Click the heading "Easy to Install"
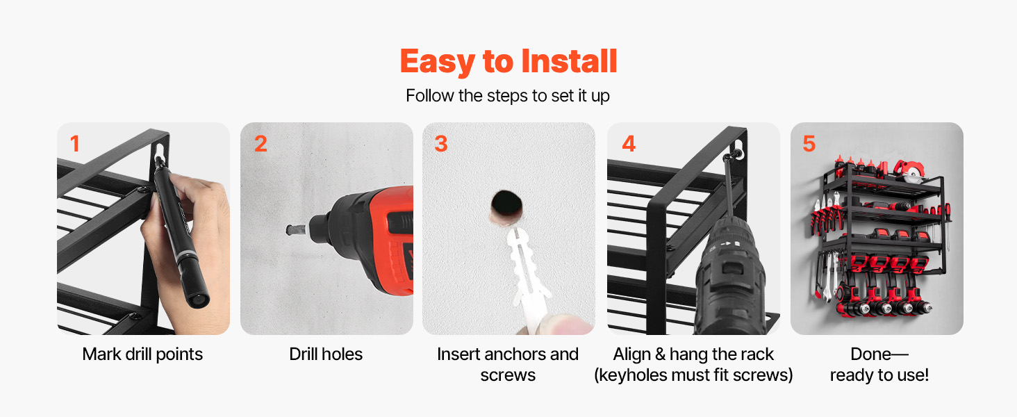coord(508,61)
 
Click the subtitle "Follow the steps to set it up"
coord(508,96)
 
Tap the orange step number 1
coord(75,144)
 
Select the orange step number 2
coord(261,144)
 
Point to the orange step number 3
coord(441,144)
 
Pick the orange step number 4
coord(629,144)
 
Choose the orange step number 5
coord(809,144)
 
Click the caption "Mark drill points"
coord(142,354)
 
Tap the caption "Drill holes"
coord(326,354)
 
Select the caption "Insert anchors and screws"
coord(508,364)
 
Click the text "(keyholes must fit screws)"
coord(693,375)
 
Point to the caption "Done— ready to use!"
coord(879,364)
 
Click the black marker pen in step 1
coord(181,231)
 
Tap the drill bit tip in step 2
coord(289,230)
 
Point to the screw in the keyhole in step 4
coord(730,156)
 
